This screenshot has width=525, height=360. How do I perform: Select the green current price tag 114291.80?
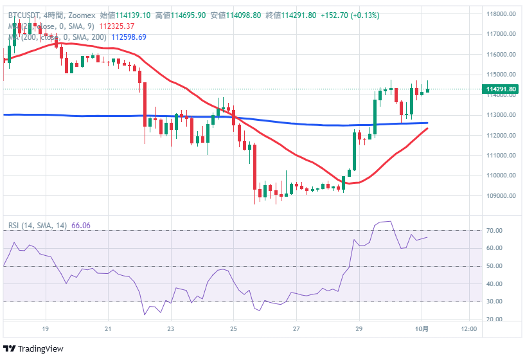pos(501,89)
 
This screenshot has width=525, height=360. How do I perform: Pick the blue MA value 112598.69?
pos(129,37)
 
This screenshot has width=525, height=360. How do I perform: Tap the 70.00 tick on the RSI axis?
pos(494,230)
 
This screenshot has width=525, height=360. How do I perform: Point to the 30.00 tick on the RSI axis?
pos(494,301)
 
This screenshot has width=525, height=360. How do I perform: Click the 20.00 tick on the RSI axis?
pos(494,319)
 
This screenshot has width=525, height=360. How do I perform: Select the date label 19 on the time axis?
pos(45,329)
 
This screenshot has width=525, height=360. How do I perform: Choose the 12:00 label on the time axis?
pos(470,329)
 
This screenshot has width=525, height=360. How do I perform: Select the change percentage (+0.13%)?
pos(364,15)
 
